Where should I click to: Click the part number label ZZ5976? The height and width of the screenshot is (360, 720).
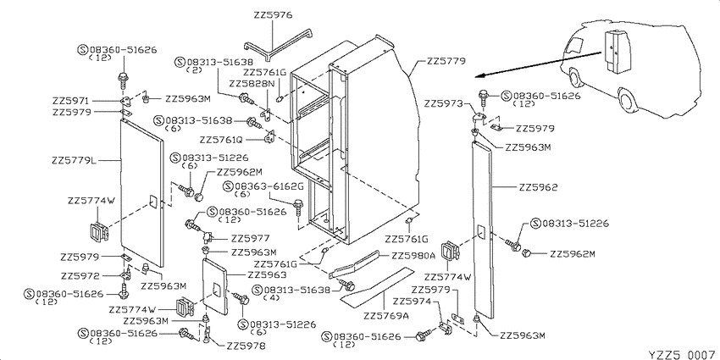[273, 15]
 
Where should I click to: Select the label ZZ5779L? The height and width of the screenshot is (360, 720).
[75, 161]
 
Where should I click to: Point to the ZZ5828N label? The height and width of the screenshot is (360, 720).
[252, 84]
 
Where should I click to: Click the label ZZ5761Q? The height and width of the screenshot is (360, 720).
[221, 139]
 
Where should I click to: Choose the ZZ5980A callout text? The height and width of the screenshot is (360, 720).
[413, 256]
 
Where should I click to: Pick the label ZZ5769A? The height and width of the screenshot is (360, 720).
[385, 316]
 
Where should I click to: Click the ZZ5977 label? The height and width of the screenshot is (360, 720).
[250, 238]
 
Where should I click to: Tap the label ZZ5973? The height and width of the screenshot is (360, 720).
[444, 104]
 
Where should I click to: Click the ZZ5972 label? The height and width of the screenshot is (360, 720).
[80, 276]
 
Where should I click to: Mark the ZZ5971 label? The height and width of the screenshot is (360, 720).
[72, 101]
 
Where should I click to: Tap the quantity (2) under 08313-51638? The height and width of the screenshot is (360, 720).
[195, 70]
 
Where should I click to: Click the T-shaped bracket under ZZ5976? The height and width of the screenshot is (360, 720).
[279, 45]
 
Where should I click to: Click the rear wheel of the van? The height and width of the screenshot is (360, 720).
[626, 100]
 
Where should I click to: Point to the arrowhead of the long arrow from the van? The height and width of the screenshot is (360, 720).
[476, 75]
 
